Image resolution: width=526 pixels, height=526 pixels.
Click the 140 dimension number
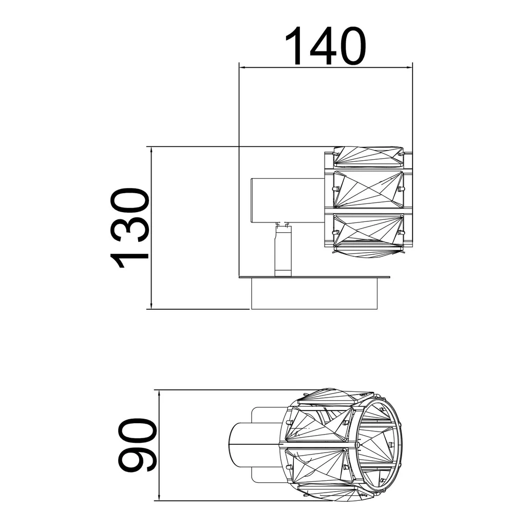(325, 46)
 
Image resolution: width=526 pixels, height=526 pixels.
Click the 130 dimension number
(129, 228)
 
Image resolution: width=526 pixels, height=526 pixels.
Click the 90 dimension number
(137, 445)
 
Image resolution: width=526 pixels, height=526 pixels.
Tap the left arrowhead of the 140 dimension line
(243, 68)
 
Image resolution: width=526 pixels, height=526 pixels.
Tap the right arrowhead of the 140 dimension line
(408, 68)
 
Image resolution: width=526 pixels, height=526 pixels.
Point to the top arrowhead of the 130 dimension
(152, 151)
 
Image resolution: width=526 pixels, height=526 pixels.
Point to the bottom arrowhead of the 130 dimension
(152, 305)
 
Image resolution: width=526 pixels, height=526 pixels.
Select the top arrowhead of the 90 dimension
(159, 394)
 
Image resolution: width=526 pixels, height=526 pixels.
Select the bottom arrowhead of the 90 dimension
(159, 497)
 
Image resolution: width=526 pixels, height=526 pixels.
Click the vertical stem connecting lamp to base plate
(283, 250)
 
